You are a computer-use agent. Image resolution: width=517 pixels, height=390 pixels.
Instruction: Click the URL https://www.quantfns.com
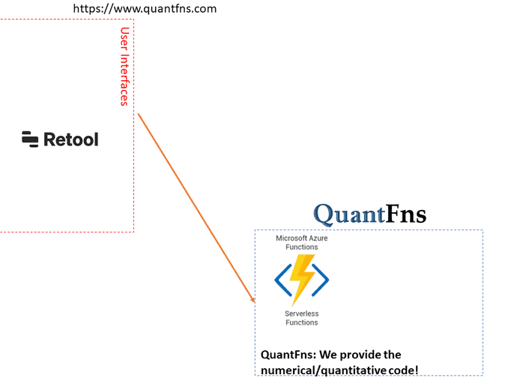click(145, 9)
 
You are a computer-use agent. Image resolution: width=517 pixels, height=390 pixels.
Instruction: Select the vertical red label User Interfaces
click(125, 67)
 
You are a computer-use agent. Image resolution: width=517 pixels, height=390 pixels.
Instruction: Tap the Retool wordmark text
click(71, 139)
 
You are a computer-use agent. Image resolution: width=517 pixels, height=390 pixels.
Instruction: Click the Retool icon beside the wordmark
click(30, 139)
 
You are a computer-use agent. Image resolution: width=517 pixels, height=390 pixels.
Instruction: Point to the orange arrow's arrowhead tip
click(255, 302)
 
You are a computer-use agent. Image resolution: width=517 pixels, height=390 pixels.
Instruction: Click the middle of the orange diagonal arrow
click(196, 208)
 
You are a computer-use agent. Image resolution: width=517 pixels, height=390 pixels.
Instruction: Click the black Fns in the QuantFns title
click(406, 214)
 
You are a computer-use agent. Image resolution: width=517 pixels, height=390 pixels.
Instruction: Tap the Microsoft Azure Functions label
click(301, 242)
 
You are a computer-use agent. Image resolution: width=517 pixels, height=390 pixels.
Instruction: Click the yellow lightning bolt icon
click(302, 280)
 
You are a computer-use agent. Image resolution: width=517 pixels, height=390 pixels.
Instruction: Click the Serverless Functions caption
click(301, 318)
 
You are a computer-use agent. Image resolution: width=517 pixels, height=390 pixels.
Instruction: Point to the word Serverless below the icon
click(301, 313)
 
